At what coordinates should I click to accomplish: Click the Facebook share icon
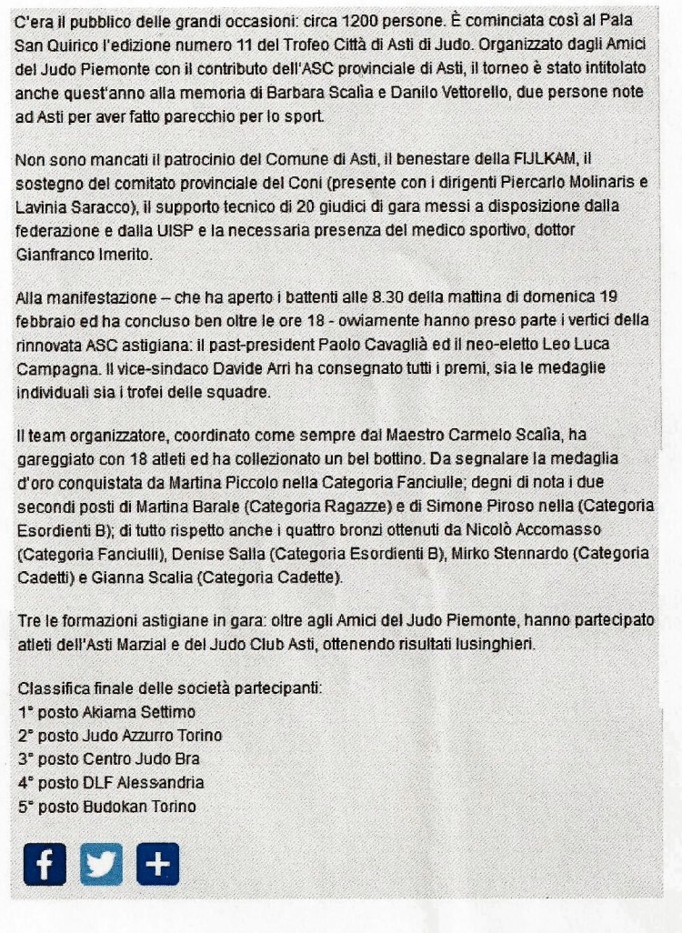point(45,864)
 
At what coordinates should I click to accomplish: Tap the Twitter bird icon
point(101,864)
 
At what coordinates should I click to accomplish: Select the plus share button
point(157,864)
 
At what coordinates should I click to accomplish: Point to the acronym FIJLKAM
point(547,160)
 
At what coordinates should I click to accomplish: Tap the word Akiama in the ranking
point(108,712)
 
